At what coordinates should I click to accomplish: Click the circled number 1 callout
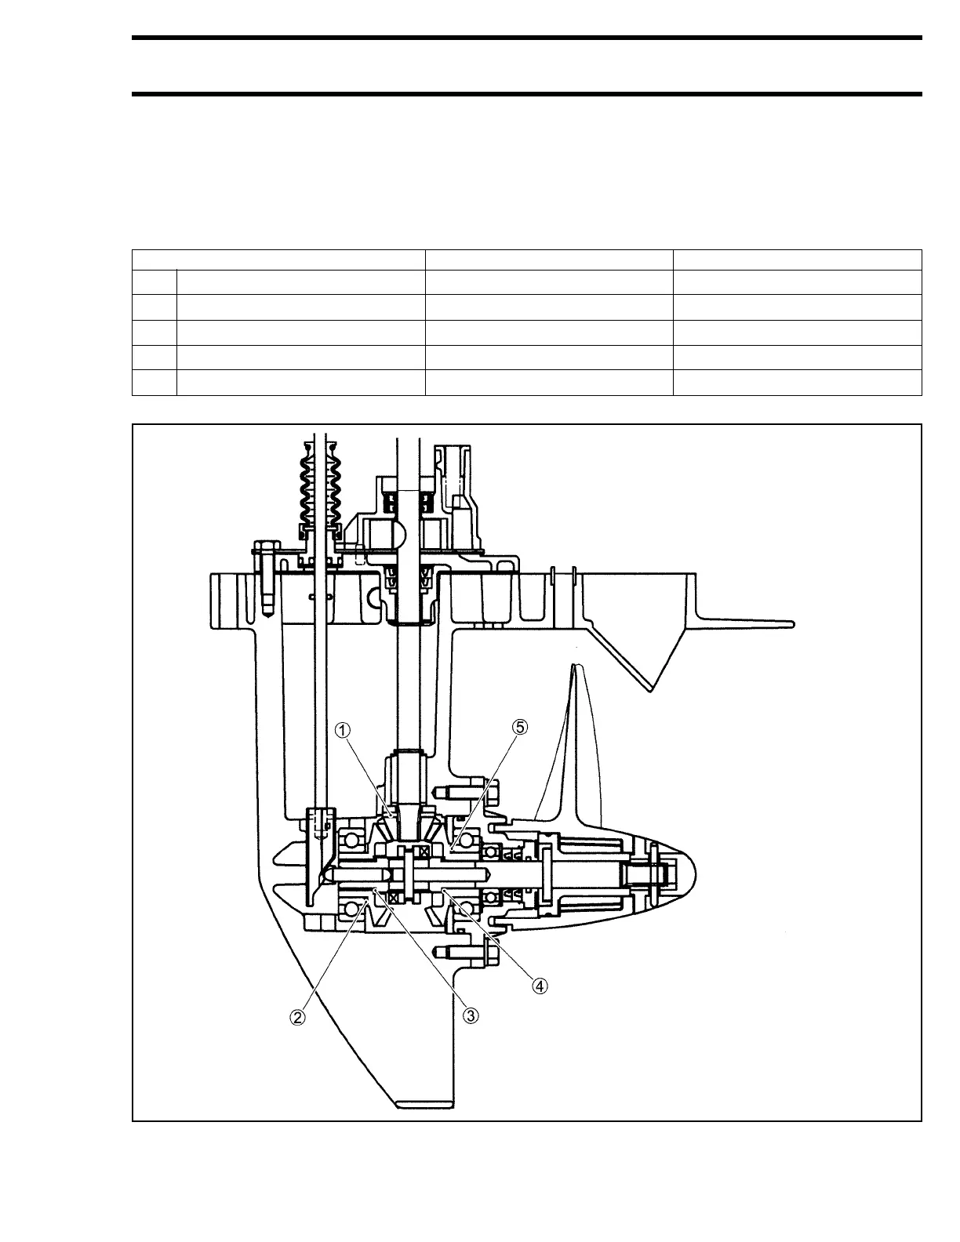coord(343,729)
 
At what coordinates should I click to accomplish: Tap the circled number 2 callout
coord(297,1017)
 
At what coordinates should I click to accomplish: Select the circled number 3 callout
coord(470,1015)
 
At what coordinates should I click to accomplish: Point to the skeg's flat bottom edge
coord(425,1106)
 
